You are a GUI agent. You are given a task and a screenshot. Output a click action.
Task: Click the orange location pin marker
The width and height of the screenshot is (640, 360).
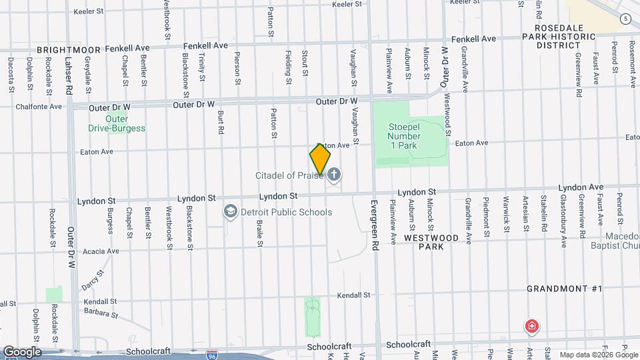tap(320, 159)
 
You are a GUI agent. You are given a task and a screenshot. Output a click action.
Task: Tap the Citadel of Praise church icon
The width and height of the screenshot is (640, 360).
tap(335, 175)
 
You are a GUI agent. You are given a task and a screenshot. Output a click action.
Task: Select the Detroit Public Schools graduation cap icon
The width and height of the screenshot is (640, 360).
tap(230, 212)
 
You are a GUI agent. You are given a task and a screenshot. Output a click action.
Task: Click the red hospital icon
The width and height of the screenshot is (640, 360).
tap(532, 327)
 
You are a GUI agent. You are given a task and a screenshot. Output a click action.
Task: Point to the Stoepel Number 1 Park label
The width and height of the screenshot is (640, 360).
tap(405, 127)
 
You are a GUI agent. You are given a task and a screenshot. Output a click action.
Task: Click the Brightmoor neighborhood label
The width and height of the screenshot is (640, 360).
tap(69, 49)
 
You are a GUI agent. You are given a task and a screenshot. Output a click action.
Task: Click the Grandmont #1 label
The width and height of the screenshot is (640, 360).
tap(564, 289)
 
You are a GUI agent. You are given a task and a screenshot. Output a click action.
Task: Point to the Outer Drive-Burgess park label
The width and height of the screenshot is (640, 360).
tap(117, 124)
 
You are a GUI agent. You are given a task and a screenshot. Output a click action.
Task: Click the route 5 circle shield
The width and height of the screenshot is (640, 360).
tap(625, 19)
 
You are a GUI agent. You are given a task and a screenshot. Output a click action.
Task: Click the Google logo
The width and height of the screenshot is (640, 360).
tap(22, 352)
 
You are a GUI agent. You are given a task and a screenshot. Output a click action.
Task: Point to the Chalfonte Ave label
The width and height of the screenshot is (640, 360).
tap(39, 106)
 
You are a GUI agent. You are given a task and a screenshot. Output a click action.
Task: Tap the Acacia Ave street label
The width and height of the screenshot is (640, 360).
tap(101, 251)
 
